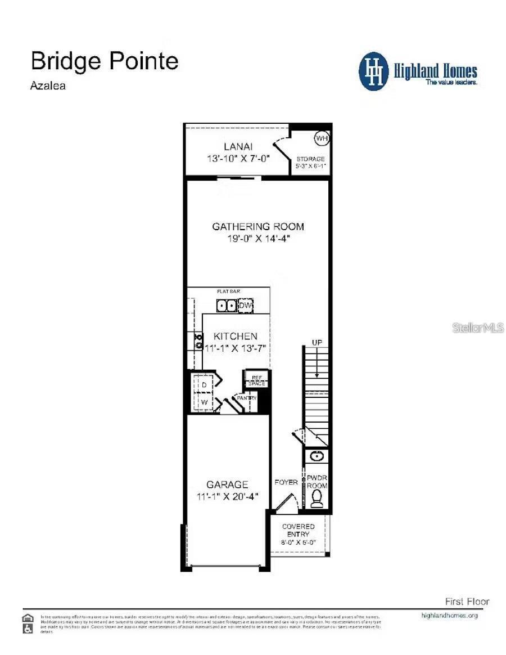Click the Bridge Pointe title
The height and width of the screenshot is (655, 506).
click(105, 61)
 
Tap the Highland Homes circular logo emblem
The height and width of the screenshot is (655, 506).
click(373, 71)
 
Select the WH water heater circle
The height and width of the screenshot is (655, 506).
click(322, 138)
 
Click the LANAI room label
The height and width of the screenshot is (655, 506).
click(238, 146)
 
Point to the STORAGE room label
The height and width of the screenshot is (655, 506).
click(311, 159)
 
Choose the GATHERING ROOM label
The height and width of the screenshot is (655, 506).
click(257, 226)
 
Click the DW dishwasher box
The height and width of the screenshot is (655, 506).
click(246, 306)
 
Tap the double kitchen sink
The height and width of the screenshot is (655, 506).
click(227, 306)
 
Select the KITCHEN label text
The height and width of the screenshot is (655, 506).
click(235, 336)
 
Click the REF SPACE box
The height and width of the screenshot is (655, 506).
click(256, 380)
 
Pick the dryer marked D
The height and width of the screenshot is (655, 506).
click(205, 384)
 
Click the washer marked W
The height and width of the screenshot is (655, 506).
click(205, 402)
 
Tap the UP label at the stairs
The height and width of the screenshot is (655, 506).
click(317, 343)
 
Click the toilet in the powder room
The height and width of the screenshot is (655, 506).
click(317, 498)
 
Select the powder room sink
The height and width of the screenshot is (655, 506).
click(317, 455)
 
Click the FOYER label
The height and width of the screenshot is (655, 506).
click(286, 482)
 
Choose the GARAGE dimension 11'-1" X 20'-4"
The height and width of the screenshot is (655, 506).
click(227, 497)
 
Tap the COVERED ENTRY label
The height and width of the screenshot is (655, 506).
click(298, 530)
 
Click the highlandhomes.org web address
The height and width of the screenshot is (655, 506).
click(449, 615)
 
